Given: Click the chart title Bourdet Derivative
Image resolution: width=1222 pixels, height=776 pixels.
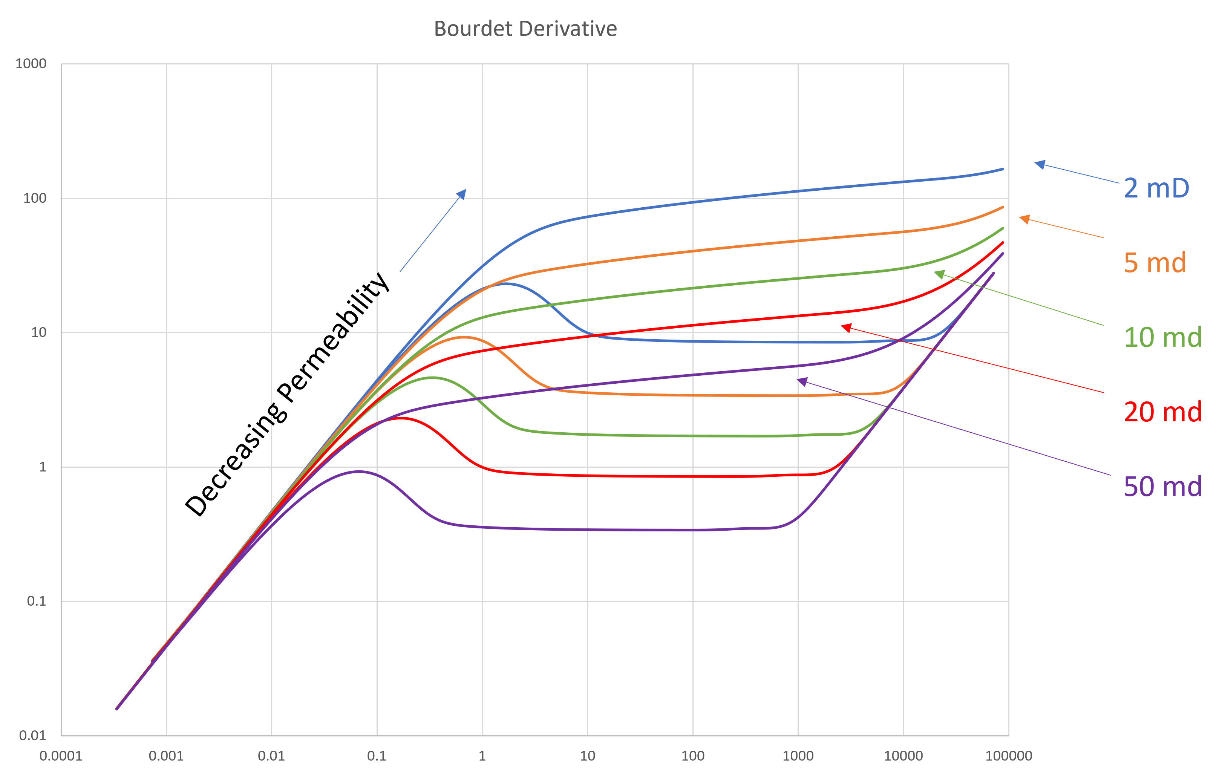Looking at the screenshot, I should pyautogui.click(x=525, y=29).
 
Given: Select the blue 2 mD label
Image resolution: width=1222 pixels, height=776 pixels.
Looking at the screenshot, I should pyautogui.click(x=1156, y=188).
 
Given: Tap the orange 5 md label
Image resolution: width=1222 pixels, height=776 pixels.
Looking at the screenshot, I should pyautogui.click(x=1155, y=263).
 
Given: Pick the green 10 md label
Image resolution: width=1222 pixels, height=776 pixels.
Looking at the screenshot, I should pyautogui.click(x=1162, y=338).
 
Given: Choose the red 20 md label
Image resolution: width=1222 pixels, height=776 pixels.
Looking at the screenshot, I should pyautogui.click(x=1162, y=412).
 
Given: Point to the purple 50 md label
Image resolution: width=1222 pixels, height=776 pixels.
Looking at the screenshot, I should pyautogui.click(x=1162, y=487).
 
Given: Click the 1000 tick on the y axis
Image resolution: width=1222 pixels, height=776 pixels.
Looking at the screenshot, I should pyautogui.click(x=31, y=64).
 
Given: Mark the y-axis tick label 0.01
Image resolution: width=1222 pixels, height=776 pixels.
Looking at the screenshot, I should pyautogui.click(x=32, y=735).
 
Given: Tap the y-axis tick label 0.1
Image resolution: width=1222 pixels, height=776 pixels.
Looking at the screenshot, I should pyautogui.click(x=37, y=602).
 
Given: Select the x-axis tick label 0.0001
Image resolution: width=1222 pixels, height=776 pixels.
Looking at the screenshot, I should pyautogui.click(x=61, y=756).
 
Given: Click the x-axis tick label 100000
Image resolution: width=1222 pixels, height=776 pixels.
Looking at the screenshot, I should pyautogui.click(x=1008, y=756).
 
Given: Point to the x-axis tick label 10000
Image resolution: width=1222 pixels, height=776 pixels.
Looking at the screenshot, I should pyautogui.click(x=903, y=756).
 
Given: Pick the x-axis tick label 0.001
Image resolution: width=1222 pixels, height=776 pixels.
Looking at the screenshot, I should pyautogui.click(x=166, y=756).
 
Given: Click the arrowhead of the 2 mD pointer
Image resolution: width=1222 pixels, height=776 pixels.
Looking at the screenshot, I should pyautogui.click(x=1038, y=164).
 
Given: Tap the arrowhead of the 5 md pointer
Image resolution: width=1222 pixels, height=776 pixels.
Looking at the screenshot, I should pyautogui.click(x=1023, y=219).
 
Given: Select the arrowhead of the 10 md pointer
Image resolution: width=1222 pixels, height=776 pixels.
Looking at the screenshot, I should pyautogui.click(x=938, y=274).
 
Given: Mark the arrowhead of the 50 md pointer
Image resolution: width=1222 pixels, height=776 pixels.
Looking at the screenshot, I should pyautogui.click(x=801, y=381).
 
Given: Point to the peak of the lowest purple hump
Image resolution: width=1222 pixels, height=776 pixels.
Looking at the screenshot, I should pyautogui.click(x=358, y=471).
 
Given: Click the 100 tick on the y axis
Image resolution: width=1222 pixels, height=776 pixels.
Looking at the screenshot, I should pyautogui.click(x=35, y=199).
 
